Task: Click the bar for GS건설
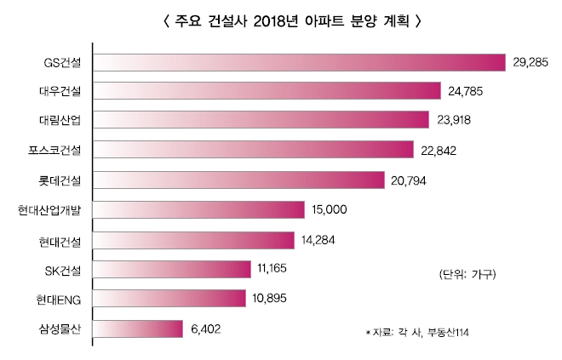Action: coord(298,61)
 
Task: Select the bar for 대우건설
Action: coord(267,90)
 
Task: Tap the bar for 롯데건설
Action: coord(238,180)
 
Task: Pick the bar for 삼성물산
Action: coord(138,329)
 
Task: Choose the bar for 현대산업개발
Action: coord(198,209)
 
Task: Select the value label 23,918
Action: coord(458,120)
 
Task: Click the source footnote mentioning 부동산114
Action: coord(417,330)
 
